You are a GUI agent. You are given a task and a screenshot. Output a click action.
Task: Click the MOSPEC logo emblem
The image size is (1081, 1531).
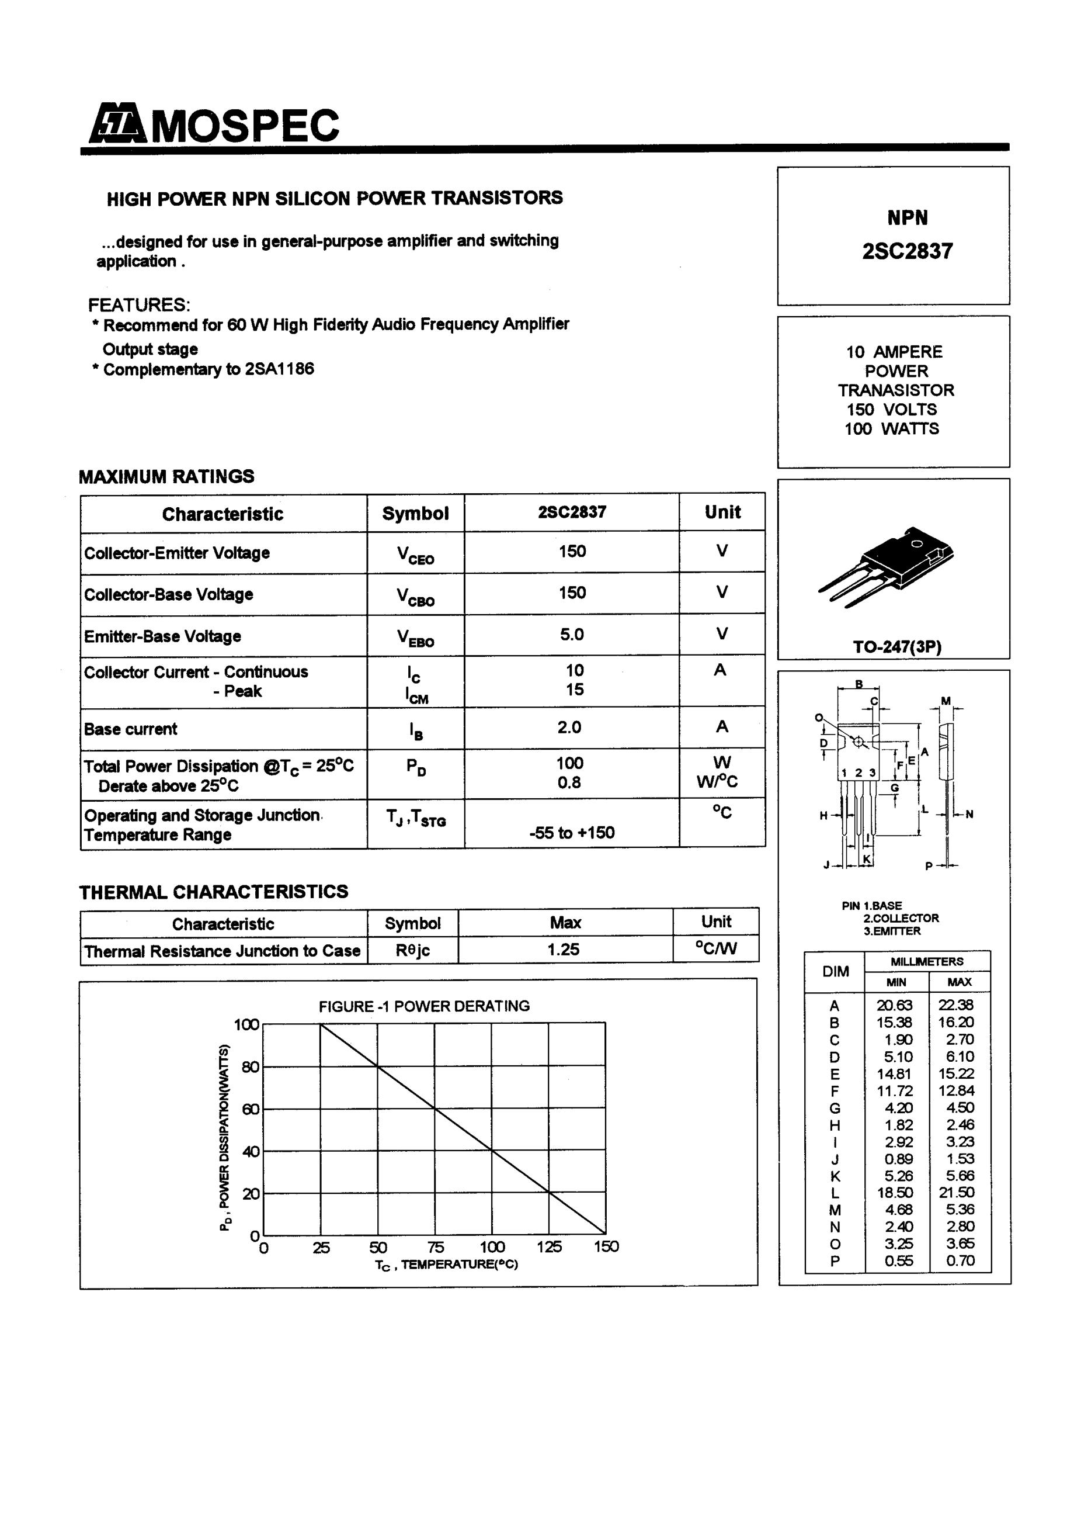pos(117,123)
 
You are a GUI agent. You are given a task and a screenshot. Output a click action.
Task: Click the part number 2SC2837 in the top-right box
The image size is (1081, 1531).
pos(907,251)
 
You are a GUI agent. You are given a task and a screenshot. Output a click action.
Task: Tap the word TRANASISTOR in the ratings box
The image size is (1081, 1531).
pos(896,390)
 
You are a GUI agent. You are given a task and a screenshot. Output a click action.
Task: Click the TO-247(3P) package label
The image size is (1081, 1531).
pos(896,646)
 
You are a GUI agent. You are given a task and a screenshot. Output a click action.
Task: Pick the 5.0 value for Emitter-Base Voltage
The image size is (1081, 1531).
pos(572,634)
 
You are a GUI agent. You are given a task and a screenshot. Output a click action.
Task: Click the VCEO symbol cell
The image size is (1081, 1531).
pos(415,554)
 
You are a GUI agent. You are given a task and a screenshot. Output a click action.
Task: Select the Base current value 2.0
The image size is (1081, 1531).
pos(570,727)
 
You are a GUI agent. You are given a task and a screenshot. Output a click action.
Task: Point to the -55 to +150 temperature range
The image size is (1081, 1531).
pos(572,832)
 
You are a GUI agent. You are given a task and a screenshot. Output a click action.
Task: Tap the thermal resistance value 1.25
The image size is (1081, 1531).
pos(564,949)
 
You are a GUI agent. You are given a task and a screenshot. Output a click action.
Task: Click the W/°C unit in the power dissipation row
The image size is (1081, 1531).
pos(717,781)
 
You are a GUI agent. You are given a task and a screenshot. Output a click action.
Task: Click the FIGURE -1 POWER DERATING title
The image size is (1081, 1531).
pos(424,1006)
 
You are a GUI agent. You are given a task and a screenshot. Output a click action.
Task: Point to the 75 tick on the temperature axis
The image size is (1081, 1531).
pos(435,1247)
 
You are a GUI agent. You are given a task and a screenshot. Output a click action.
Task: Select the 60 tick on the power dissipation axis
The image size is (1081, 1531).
pos(251,1109)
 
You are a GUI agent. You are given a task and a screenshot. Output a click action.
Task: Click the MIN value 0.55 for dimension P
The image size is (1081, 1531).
pos(898,1260)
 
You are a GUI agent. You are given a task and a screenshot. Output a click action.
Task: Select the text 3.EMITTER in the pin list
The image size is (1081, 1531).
pos(892,931)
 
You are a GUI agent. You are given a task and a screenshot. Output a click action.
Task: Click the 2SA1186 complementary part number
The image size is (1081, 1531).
pos(279,369)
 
